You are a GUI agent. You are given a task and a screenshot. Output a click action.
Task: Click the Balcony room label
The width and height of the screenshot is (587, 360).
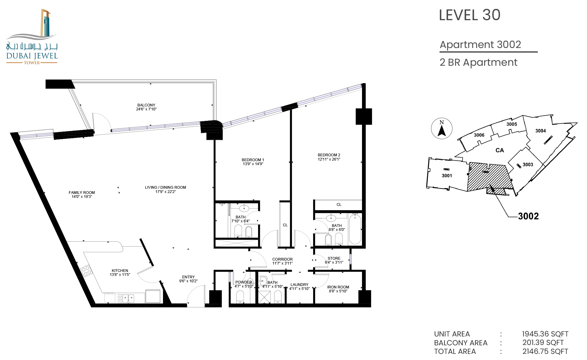146,105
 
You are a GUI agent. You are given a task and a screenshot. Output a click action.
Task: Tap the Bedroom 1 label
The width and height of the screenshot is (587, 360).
253,160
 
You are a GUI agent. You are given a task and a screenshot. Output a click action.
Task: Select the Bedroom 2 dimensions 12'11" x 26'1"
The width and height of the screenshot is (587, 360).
329,159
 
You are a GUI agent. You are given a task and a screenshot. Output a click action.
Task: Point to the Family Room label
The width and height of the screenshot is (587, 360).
82,192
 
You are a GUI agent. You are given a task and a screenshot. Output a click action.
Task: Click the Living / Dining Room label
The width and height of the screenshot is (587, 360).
165,187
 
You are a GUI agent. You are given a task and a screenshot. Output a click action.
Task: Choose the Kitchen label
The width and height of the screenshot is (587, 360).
120,270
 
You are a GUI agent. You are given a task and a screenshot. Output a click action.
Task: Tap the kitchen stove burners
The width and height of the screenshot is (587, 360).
87,270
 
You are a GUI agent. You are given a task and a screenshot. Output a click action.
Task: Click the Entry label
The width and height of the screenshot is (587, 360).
188,277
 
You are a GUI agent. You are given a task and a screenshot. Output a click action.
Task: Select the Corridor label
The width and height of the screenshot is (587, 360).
282,259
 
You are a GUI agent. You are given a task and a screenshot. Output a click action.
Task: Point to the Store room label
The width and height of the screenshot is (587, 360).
334,258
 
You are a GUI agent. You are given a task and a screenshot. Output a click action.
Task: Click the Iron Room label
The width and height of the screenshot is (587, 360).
338,287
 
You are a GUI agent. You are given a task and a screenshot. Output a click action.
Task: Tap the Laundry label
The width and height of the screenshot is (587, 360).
299,284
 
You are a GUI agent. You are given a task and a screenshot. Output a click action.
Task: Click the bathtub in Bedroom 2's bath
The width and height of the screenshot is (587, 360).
355,229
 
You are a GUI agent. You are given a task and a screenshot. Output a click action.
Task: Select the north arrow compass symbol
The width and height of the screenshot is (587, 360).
441,128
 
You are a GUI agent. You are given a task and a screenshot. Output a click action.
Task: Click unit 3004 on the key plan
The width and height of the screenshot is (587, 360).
541,131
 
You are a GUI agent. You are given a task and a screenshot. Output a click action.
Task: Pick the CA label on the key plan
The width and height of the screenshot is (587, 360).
500,150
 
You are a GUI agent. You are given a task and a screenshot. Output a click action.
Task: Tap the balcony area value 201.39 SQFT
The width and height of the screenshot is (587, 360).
543,343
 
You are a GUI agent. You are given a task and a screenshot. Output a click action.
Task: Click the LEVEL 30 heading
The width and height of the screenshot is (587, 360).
470,15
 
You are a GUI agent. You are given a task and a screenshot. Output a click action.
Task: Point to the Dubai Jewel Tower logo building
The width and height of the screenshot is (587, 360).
45,23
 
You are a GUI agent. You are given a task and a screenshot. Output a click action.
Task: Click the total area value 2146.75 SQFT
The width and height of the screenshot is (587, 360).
545,351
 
